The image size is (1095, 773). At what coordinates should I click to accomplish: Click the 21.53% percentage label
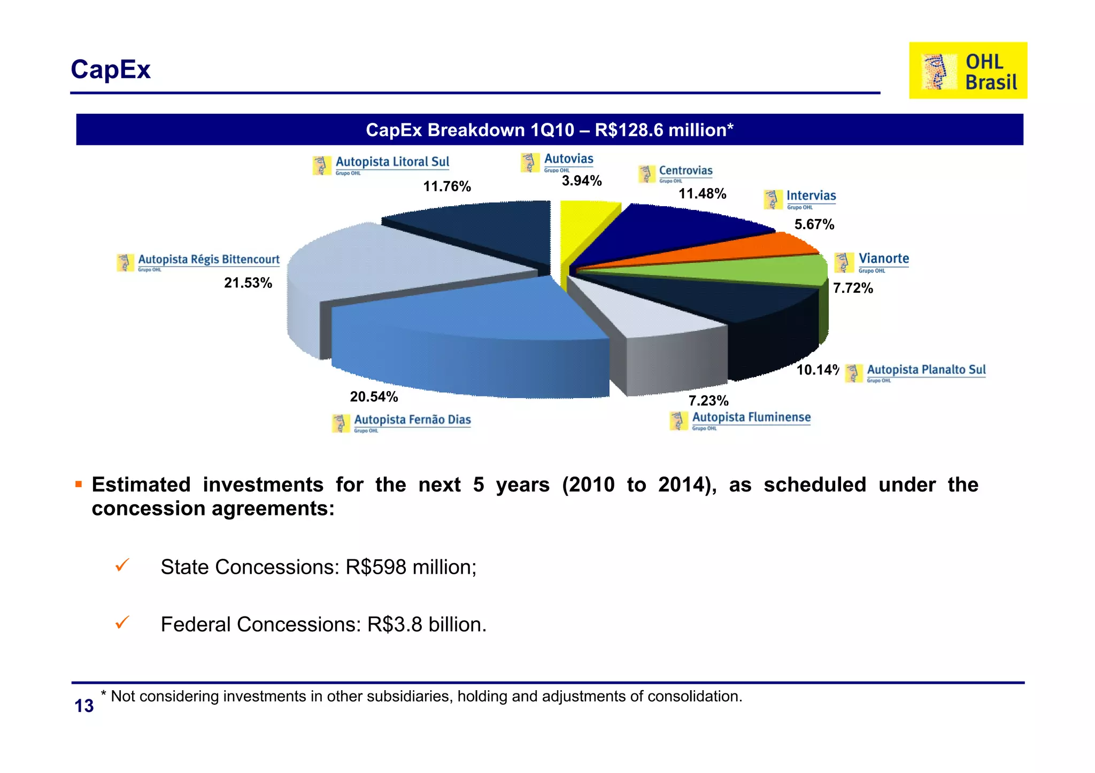tap(248, 283)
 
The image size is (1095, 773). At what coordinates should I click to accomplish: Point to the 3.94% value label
tap(582, 181)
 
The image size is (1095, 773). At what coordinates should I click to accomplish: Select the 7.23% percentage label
tap(708, 401)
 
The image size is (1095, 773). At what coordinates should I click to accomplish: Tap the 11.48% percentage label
tap(702, 194)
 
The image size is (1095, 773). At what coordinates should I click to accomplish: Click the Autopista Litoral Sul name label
tap(392, 162)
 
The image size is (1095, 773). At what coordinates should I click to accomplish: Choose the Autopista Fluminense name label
tap(751, 418)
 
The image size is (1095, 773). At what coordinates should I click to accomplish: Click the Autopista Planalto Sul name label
tap(926, 370)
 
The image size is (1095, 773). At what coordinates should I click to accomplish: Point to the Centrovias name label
tap(685, 171)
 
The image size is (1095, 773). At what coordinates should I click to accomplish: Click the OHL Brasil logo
tap(968, 71)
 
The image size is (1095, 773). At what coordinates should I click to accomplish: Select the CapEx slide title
tap(111, 69)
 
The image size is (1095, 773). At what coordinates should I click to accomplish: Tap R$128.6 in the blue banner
tap(626, 130)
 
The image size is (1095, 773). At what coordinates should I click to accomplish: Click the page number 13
tap(84, 706)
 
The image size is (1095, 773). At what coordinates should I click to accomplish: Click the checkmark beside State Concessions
tap(122, 565)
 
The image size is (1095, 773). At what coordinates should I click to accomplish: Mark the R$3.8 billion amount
tap(426, 624)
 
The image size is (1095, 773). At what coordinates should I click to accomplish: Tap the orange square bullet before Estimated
tap(79, 485)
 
